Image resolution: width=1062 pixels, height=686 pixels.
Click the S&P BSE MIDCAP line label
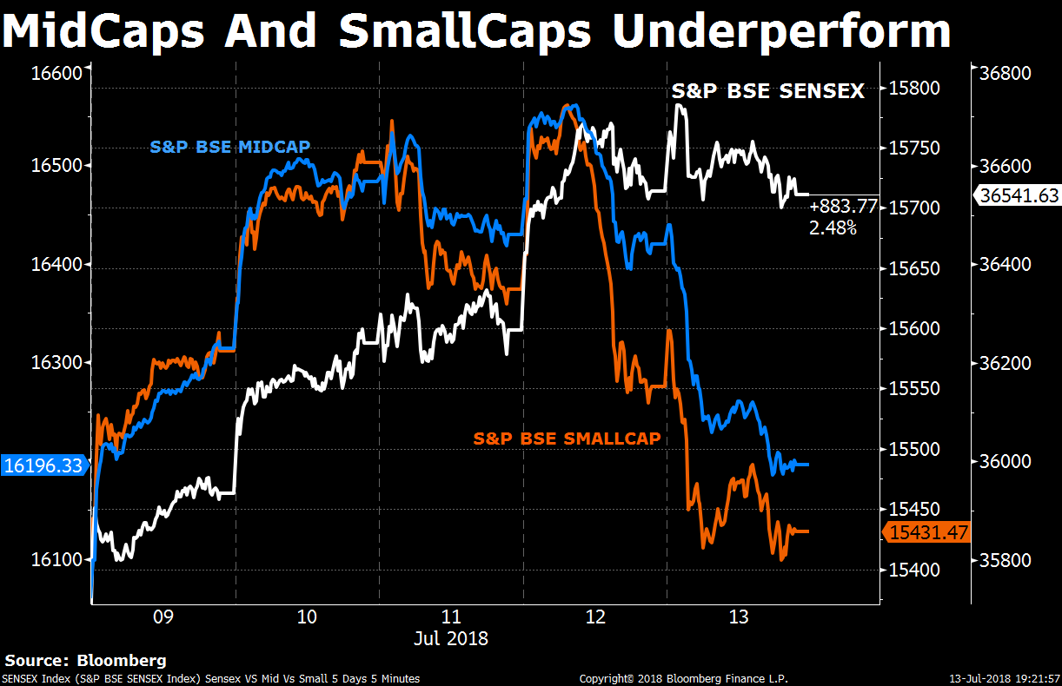coord(230,147)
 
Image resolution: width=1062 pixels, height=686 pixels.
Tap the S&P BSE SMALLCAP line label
coord(567,439)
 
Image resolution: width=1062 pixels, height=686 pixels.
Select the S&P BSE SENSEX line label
coord(768,90)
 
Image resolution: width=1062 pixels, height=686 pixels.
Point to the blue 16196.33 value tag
coord(43,465)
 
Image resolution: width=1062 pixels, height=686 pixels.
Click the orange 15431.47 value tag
coord(927,532)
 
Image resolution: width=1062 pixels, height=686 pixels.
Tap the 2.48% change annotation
coord(833,228)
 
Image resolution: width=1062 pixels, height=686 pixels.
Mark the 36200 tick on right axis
coord(1012,363)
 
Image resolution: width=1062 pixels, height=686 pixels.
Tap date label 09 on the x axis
coord(163,617)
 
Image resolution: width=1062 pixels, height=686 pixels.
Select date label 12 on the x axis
coord(594,617)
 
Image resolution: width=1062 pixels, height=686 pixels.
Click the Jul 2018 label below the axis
coord(451,639)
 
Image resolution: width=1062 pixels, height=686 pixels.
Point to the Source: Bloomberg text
coord(85,661)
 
